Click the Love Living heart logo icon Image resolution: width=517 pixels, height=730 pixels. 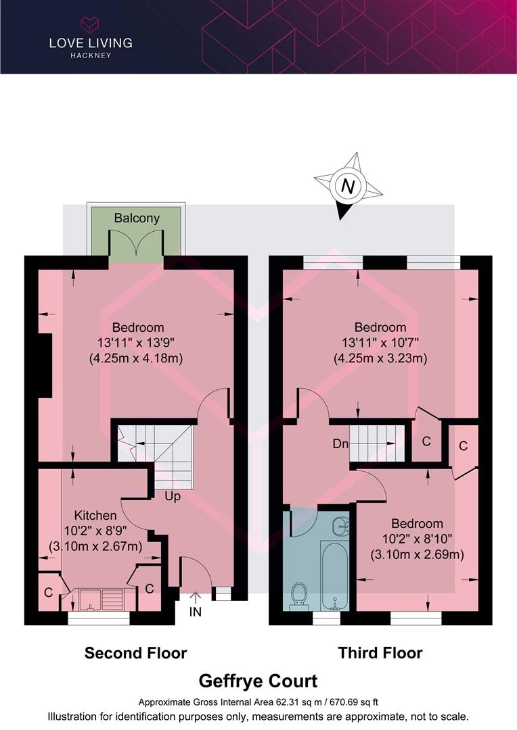coord(91,24)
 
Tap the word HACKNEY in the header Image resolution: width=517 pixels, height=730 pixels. coord(91,55)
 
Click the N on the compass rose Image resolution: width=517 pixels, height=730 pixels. coord(348,187)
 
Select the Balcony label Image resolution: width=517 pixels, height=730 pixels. coord(137,218)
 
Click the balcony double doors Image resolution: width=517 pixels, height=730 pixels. coord(136,244)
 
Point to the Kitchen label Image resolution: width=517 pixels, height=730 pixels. coord(95,515)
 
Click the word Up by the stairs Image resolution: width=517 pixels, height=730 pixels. coord(173,497)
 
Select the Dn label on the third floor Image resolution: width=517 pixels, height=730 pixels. coord(341,443)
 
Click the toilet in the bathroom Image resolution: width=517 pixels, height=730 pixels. coord(298,597)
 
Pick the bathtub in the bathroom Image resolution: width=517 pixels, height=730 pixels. coord(334,575)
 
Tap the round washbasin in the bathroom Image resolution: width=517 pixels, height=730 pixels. coord(341,526)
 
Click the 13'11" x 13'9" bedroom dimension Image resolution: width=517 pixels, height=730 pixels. coord(135,343)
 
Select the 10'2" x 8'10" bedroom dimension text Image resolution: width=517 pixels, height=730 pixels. coord(418,539)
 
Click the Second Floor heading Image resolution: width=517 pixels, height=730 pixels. coord(135,653)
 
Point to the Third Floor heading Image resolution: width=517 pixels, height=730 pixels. coord(380,653)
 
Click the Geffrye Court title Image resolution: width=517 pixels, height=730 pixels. coord(258,681)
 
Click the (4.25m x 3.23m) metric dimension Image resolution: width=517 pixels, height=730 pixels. coord(380,358)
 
